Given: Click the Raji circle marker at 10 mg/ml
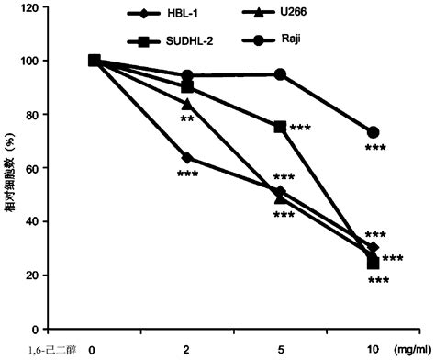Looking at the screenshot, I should pyautogui.click(x=373, y=132).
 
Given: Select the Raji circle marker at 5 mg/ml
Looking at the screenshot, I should pyautogui.click(x=280, y=74).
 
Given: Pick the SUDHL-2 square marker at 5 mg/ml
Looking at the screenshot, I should pyautogui.click(x=280, y=127).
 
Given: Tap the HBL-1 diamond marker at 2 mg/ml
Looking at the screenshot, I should pyautogui.click(x=187, y=157).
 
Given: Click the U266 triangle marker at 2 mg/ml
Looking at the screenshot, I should pyautogui.click(x=187, y=103).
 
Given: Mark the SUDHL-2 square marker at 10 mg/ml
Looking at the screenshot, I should pyautogui.click(x=373, y=263).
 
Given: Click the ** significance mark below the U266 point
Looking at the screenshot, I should pyautogui.click(x=187, y=119).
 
